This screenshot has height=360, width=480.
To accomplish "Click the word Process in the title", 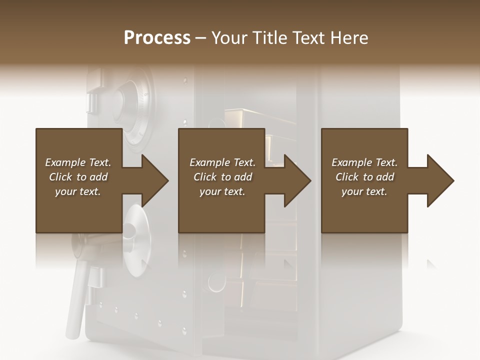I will (157, 37).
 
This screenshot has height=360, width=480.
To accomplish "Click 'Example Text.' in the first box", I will (78, 162).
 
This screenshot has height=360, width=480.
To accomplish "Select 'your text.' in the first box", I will (78, 191).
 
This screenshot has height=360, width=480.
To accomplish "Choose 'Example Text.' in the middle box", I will (222, 162).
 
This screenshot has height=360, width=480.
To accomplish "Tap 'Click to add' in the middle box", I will (222, 177).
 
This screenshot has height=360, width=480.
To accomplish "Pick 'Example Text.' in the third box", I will (364, 162).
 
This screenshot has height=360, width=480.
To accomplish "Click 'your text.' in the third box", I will (364, 191).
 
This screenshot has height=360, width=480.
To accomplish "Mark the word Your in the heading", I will (229, 37).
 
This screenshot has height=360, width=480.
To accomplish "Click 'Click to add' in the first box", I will (78, 177).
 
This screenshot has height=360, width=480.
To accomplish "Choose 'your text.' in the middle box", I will (222, 191).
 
